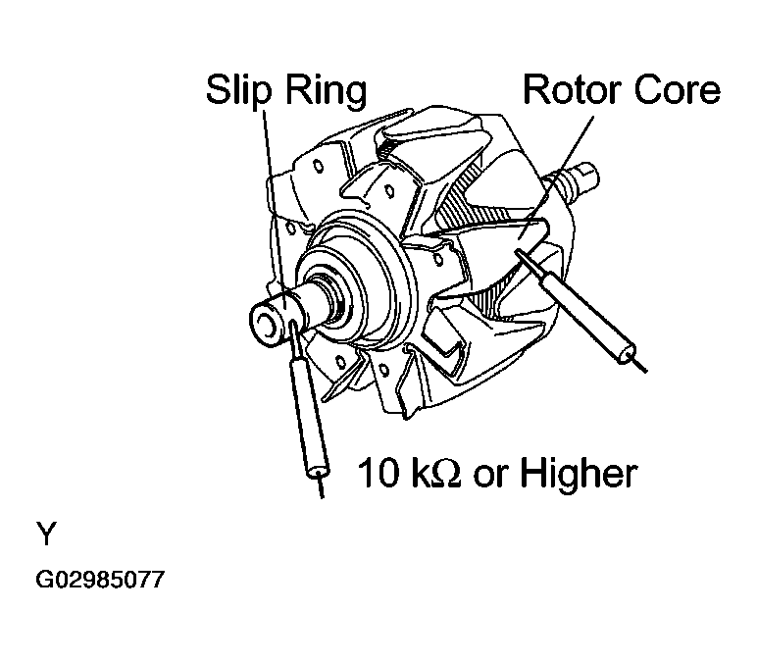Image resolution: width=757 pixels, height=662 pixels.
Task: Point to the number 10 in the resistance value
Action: coord(377,474)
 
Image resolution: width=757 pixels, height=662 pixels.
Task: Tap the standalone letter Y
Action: coord(47,535)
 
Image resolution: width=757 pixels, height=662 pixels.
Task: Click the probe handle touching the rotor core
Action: coord(589,313)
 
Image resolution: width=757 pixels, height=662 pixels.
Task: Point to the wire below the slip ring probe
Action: coord(320,487)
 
